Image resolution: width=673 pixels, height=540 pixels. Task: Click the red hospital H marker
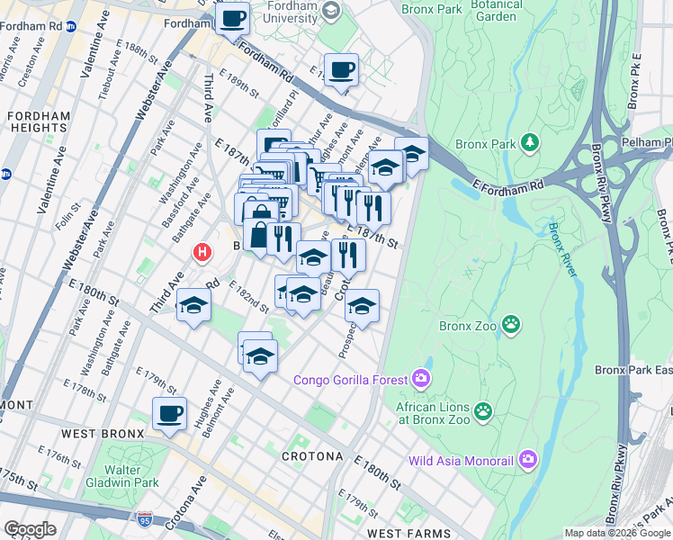[203, 254]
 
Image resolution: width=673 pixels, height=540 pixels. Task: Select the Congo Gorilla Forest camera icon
[420, 375]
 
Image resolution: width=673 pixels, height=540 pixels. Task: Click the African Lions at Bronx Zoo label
[436, 412]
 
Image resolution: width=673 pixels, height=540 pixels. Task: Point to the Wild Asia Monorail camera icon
[528, 461]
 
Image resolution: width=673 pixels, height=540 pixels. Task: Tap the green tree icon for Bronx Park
[531, 143]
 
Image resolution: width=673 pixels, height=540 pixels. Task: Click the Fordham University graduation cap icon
[330, 11]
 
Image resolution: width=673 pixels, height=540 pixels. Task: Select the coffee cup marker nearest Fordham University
[233, 18]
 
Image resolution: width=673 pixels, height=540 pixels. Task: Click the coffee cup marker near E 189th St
[341, 69]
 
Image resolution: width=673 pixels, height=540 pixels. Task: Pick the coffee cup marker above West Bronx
[168, 413]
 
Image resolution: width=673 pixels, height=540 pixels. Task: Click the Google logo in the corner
[30, 528]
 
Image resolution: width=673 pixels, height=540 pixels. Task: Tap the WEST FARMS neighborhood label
[408, 534]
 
